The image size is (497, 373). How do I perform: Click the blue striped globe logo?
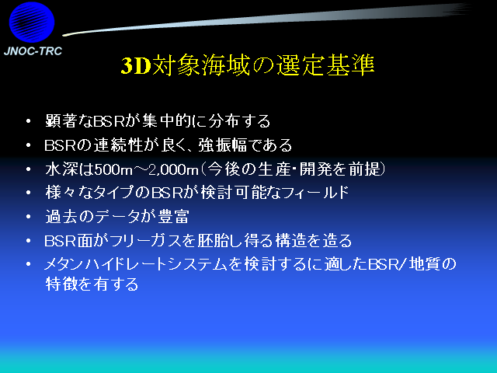pyautogui.click(x=32, y=23)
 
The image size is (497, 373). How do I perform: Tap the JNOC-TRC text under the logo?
pyautogui.click(x=33, y=51)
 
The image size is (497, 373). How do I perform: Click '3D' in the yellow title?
pyautogui.click(x=136, y=65)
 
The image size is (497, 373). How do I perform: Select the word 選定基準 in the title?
pyautogui.click(x=325, y=65)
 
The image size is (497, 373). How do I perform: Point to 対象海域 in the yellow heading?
pyautogui.click(x=201, y=65)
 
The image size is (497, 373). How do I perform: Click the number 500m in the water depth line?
pyautogui.click(x=113, y=169)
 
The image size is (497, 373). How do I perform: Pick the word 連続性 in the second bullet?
pyautogui.click(x=118, y=145)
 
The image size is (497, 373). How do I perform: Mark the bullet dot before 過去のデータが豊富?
pyautogui.click(x=29, y=217)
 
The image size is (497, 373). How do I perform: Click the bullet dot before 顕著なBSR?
pyautogui.click(x=29, y=121)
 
